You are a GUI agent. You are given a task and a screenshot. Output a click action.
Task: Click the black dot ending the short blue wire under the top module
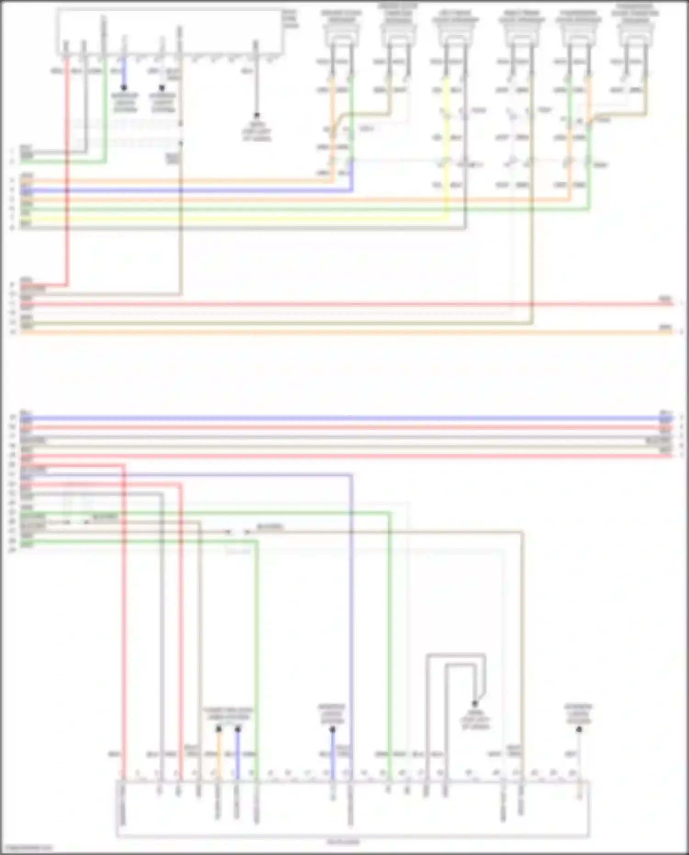(x=124, y=87)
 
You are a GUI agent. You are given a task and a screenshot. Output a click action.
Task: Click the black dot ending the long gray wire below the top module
(x=256, y=115)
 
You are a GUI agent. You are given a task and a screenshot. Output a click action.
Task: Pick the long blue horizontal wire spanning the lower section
(x=344, y=419)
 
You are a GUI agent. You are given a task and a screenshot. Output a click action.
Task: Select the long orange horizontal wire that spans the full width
(x=344, y=332)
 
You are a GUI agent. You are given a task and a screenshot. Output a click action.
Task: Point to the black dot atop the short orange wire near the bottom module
(x=219, y=729)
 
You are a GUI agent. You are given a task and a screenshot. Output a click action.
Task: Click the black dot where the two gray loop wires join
(x=475, y=704)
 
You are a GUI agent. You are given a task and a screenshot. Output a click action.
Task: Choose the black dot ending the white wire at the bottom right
(x=579, y=730)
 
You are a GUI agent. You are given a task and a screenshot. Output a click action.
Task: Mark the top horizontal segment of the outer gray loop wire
(x=455, y=654)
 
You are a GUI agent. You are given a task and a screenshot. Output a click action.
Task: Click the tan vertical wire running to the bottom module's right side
(x=522, y=643)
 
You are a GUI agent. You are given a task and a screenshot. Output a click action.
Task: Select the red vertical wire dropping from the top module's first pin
(x=67, y=175)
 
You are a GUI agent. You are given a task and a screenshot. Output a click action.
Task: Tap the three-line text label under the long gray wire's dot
(x=256, y=131)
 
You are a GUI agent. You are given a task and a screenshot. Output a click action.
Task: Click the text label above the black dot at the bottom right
(x=578, y=714)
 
